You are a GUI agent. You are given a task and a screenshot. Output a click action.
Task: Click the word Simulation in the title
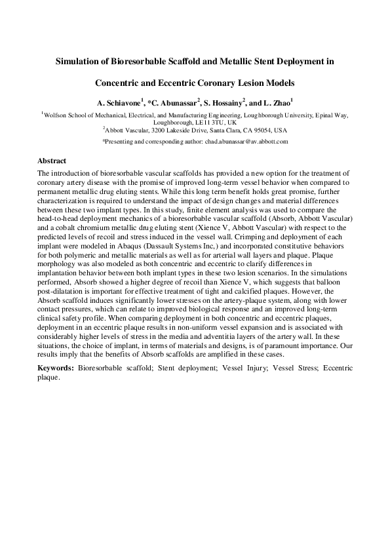pos(78,62)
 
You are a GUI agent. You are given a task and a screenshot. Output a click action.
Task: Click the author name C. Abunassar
pos(174,104)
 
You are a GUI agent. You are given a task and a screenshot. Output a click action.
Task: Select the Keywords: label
pos(56,368)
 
